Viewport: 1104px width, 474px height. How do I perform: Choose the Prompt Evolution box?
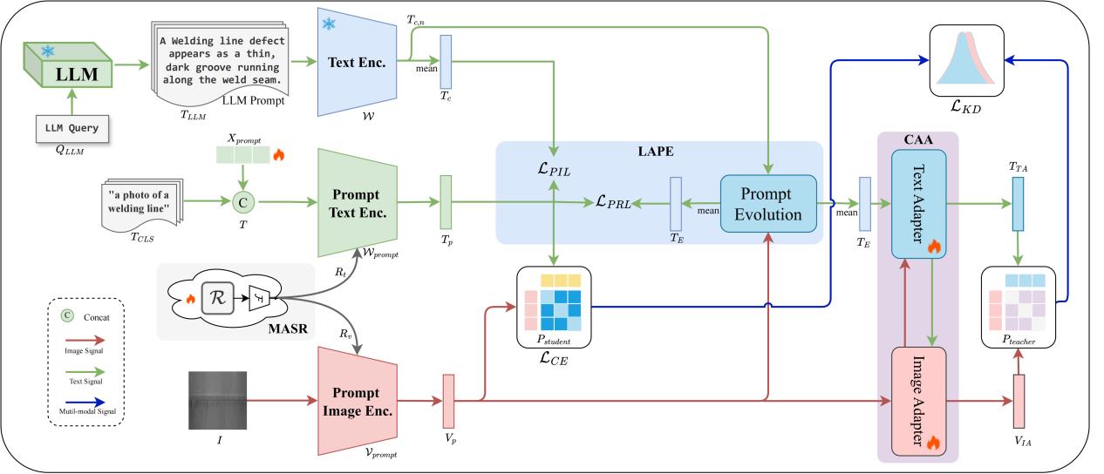pyautogui.click(x=768, y=204)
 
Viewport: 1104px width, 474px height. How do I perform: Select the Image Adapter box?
pyautogui.click(x=917, y=401)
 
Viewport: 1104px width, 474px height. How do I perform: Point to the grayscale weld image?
pyautogui.click(x=218, y=400)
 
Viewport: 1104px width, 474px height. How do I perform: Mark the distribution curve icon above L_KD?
pyautogui.click(x=968, y=59)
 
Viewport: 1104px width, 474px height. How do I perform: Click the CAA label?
pyautogui.click(x=917, y=140)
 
